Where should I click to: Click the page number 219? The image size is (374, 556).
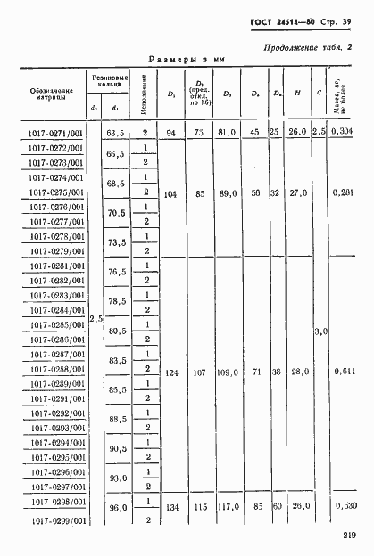tap(349, 535)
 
